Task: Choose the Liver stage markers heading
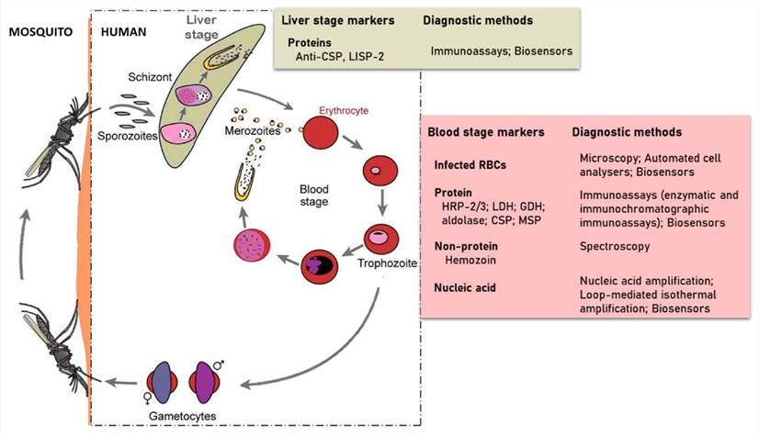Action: click(340, 19)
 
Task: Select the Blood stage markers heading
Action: click(486, 133)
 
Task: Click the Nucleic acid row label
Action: click(467, 288)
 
